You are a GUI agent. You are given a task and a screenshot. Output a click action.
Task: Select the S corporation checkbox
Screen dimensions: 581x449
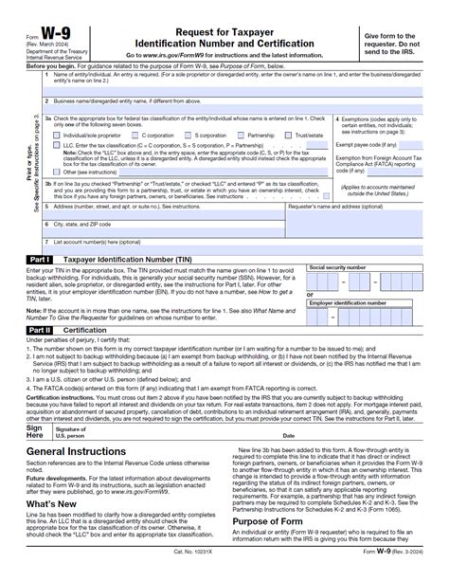(x=189, y=135)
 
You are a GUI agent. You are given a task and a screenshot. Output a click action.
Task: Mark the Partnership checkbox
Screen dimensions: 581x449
(x=242, y=135)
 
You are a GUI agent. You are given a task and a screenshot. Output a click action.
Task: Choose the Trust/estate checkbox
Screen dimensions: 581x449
(x=290, y=135)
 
